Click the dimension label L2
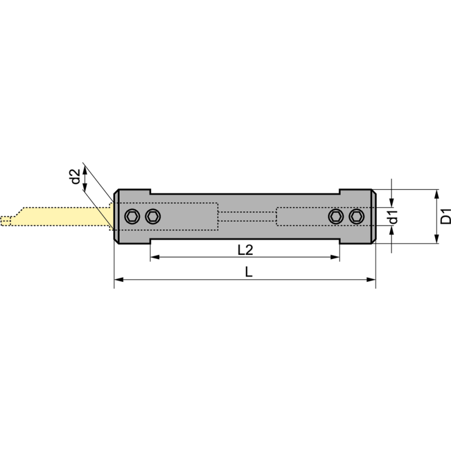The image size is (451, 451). pyautogui.click(x=245, y=249)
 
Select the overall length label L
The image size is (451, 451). pyautogui.click(x=248, y=271)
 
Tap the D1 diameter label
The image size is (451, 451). pyautogui.click(x=446, y=216)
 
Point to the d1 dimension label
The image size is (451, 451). pyautogui.click(x=393, y=216)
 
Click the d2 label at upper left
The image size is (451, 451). pyautogui.click(x=75, y=177)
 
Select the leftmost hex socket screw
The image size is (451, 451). pyautogui.click(x=132, y=216)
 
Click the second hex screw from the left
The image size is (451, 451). pyautogui.click(x=152, y=216)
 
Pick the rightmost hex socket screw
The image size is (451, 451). pyautogui.click(x=356, y=216)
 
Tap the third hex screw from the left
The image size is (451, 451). pyautogui.click(x=337, y=216)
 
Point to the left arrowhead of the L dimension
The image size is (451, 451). pyautogui.click(x=118, y=279)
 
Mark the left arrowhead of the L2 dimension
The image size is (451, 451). pyautogui.click(x=154, y=257)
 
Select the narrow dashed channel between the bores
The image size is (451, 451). pyautogui.click(x=247, y=216)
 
